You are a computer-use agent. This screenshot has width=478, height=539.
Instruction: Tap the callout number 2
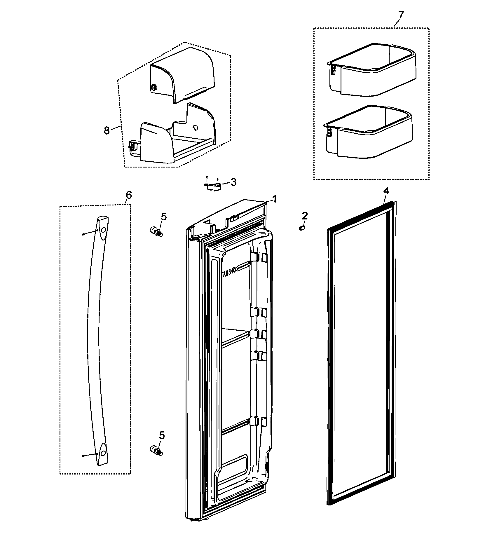304,216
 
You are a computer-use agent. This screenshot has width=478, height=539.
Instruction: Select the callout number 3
233,182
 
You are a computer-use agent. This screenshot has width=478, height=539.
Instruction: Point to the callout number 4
386,192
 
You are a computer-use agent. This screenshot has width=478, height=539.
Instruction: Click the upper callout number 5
164,217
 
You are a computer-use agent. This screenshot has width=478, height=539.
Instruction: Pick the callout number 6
129,195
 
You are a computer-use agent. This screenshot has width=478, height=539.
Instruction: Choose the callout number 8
107,130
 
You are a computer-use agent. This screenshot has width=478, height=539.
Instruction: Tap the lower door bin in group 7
368,133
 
